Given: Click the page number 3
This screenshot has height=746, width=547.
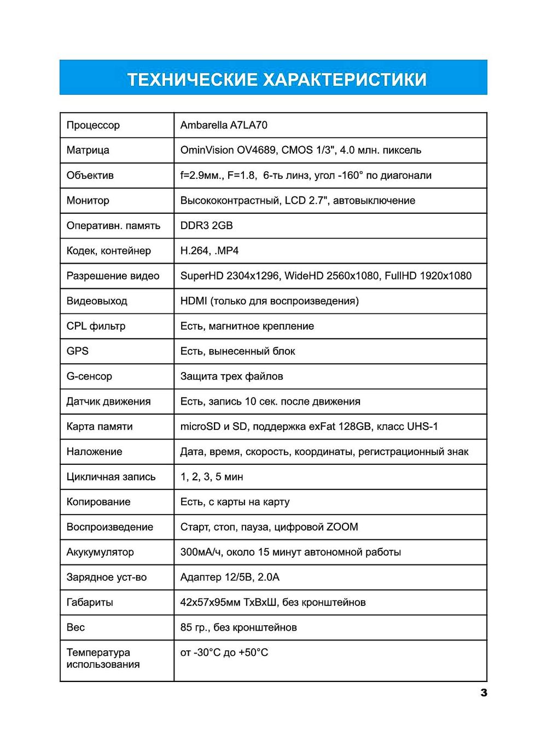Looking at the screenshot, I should pos(484,692).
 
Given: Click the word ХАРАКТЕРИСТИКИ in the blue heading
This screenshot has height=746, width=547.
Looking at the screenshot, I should pos(345,80).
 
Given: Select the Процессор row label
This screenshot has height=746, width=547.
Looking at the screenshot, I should pos(93,125).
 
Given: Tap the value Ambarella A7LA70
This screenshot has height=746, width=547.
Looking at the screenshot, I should pos(224,125).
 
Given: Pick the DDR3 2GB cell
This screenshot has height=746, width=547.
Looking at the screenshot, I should pos(206,226).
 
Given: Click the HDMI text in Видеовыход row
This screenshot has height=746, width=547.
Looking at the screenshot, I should pos(194,301).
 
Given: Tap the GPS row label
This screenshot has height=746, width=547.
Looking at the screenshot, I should pos(78,351).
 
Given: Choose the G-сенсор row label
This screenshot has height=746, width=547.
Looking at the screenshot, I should pos(89,376).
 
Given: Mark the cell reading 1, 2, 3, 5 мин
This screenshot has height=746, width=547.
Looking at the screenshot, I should pos(212,477).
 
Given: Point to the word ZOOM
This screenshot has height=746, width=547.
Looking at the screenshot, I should pos(342,527).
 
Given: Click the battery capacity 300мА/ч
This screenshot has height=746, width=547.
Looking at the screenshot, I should pos(201,552).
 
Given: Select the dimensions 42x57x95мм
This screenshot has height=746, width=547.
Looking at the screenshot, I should pos(210,603).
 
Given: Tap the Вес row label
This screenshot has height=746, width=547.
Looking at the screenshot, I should pos(75,628).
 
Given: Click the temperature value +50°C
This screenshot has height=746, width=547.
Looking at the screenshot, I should pos(253,653).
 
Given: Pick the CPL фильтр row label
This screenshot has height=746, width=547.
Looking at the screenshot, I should pos(96,327).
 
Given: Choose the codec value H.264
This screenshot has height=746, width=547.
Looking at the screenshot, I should pos(195,251).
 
